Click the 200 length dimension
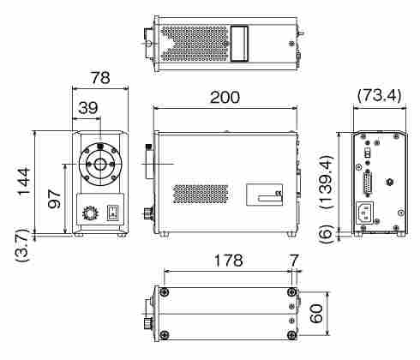point(225,98)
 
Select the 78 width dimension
point(100,78)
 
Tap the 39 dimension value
point(88,108)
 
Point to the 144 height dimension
point(24,182)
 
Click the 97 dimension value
point(54,200)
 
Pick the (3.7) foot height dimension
point(23,246)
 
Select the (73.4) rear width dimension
point(380,95)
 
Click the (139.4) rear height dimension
point(327,182)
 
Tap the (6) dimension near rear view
point(327,234)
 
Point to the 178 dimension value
point(229,261)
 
